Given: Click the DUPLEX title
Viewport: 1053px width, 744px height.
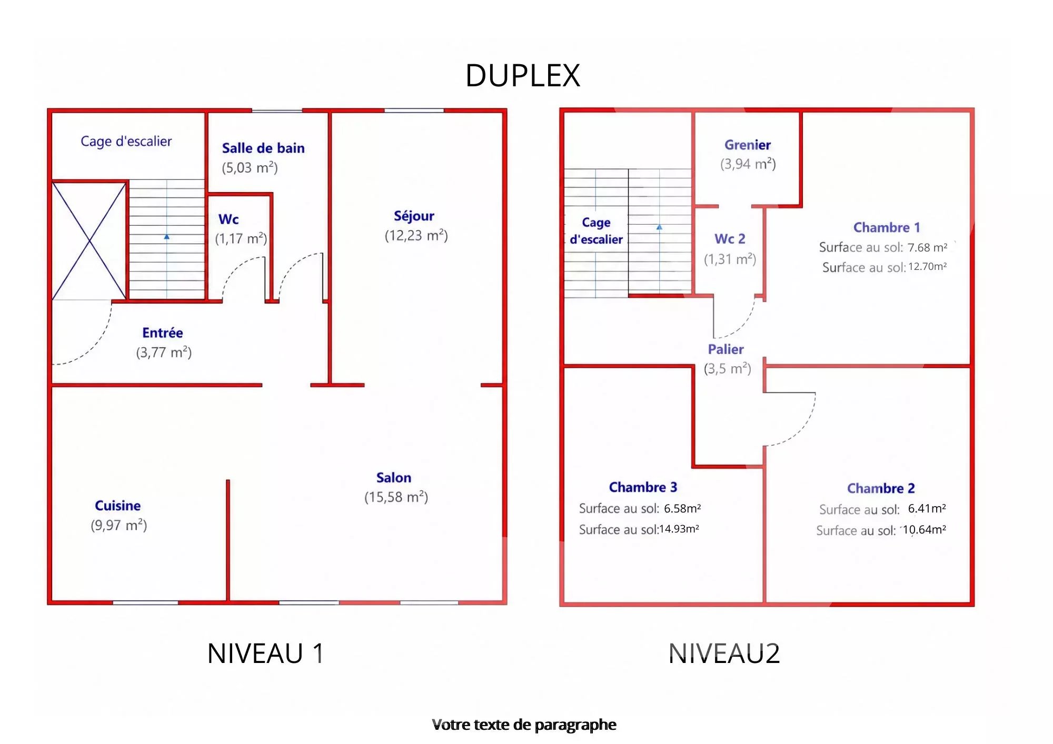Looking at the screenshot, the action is click(x=522, y=76).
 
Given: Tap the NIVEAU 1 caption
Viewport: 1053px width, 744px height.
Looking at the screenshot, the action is click(x=265, y=653).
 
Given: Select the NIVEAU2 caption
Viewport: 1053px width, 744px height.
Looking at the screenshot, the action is click(x=724, y=653).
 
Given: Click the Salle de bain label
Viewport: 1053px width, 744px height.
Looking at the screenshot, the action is click(x=263, y=148).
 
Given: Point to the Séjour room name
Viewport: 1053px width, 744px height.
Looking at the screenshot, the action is click(x=414, y=216).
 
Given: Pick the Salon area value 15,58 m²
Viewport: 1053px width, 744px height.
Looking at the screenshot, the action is click(x=396, y=497).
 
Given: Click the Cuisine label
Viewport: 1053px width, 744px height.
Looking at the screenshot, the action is click(x=117, y=506).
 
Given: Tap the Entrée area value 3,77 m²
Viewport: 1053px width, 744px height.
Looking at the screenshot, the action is click(x=164, y=352).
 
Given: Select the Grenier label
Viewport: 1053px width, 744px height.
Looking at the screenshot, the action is click(x=747, y=145).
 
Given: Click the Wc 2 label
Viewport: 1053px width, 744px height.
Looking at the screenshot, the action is click(x=730, y=239).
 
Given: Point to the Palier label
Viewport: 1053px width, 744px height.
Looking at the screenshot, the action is click(x=726, y=349).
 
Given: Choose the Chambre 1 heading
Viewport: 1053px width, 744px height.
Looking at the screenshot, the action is click(x=887, y=227).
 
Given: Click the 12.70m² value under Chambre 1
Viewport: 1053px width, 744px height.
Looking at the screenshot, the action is click(x=928, y=267).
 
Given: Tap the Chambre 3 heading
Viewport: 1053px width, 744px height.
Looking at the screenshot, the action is click(x=643, y=487).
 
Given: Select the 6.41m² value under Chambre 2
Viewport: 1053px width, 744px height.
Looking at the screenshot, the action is click(x=927, y=508).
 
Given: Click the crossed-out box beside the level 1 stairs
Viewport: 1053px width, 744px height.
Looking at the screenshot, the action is click(x=89, y=241).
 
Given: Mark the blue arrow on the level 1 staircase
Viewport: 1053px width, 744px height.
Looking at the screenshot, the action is click(x=167, y=237).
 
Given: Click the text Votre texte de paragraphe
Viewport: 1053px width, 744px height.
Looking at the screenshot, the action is click(x=524, y=725).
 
